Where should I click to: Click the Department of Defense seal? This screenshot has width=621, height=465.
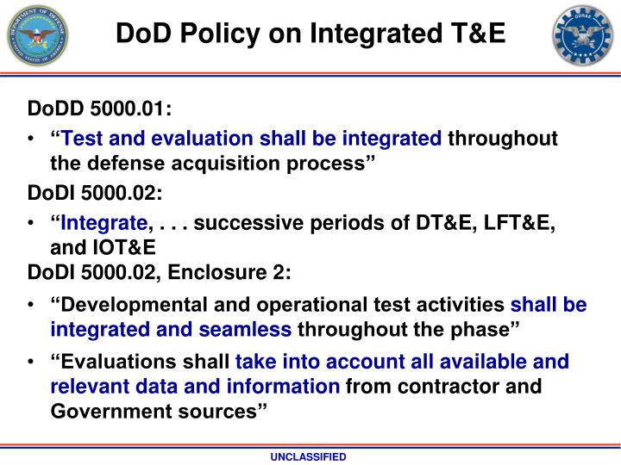[x=37, y=36]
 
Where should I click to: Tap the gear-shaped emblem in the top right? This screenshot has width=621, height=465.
[x=583, y=35]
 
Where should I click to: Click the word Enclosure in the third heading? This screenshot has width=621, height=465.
[x=204, y=272]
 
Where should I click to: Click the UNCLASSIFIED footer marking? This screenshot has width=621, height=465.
[x=310, y=456]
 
